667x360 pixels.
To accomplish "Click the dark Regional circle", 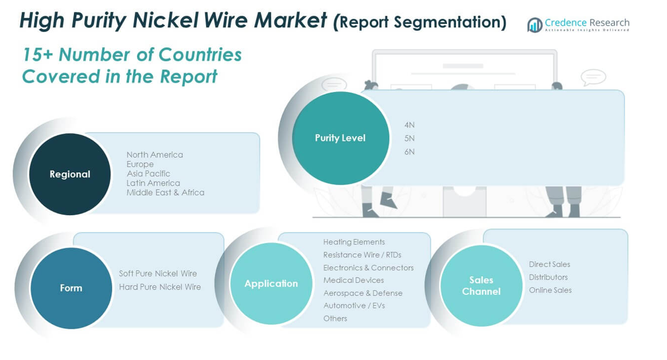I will click(70, 174).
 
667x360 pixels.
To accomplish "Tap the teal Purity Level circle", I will click(340, 138).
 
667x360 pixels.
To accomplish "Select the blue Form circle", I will click(71, 288).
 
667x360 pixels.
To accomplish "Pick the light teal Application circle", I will click(271, 284).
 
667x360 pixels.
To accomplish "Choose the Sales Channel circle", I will click(481, 285).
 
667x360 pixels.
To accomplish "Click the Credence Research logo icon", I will click(535, 24).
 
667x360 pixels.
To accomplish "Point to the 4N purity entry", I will click(409, 125).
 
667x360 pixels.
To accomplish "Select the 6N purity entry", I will click(409, 152).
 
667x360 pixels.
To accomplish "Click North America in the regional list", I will click(155, 155).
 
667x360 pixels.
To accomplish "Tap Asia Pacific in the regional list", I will click(148, 173).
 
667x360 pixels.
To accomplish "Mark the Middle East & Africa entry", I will click(165, 193).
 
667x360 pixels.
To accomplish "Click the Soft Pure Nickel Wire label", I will click(158, 274).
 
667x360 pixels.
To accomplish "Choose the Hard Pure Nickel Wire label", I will click(160, 287).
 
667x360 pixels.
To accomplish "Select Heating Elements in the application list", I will click(354, 242).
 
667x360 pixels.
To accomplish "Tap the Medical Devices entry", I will click(353, 280).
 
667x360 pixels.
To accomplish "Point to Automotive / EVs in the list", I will click(354, 306).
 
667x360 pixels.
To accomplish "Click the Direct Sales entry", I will click(550, 264).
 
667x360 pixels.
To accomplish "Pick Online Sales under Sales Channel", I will click(550, 290).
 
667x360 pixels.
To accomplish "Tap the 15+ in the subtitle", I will click(38, 55).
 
